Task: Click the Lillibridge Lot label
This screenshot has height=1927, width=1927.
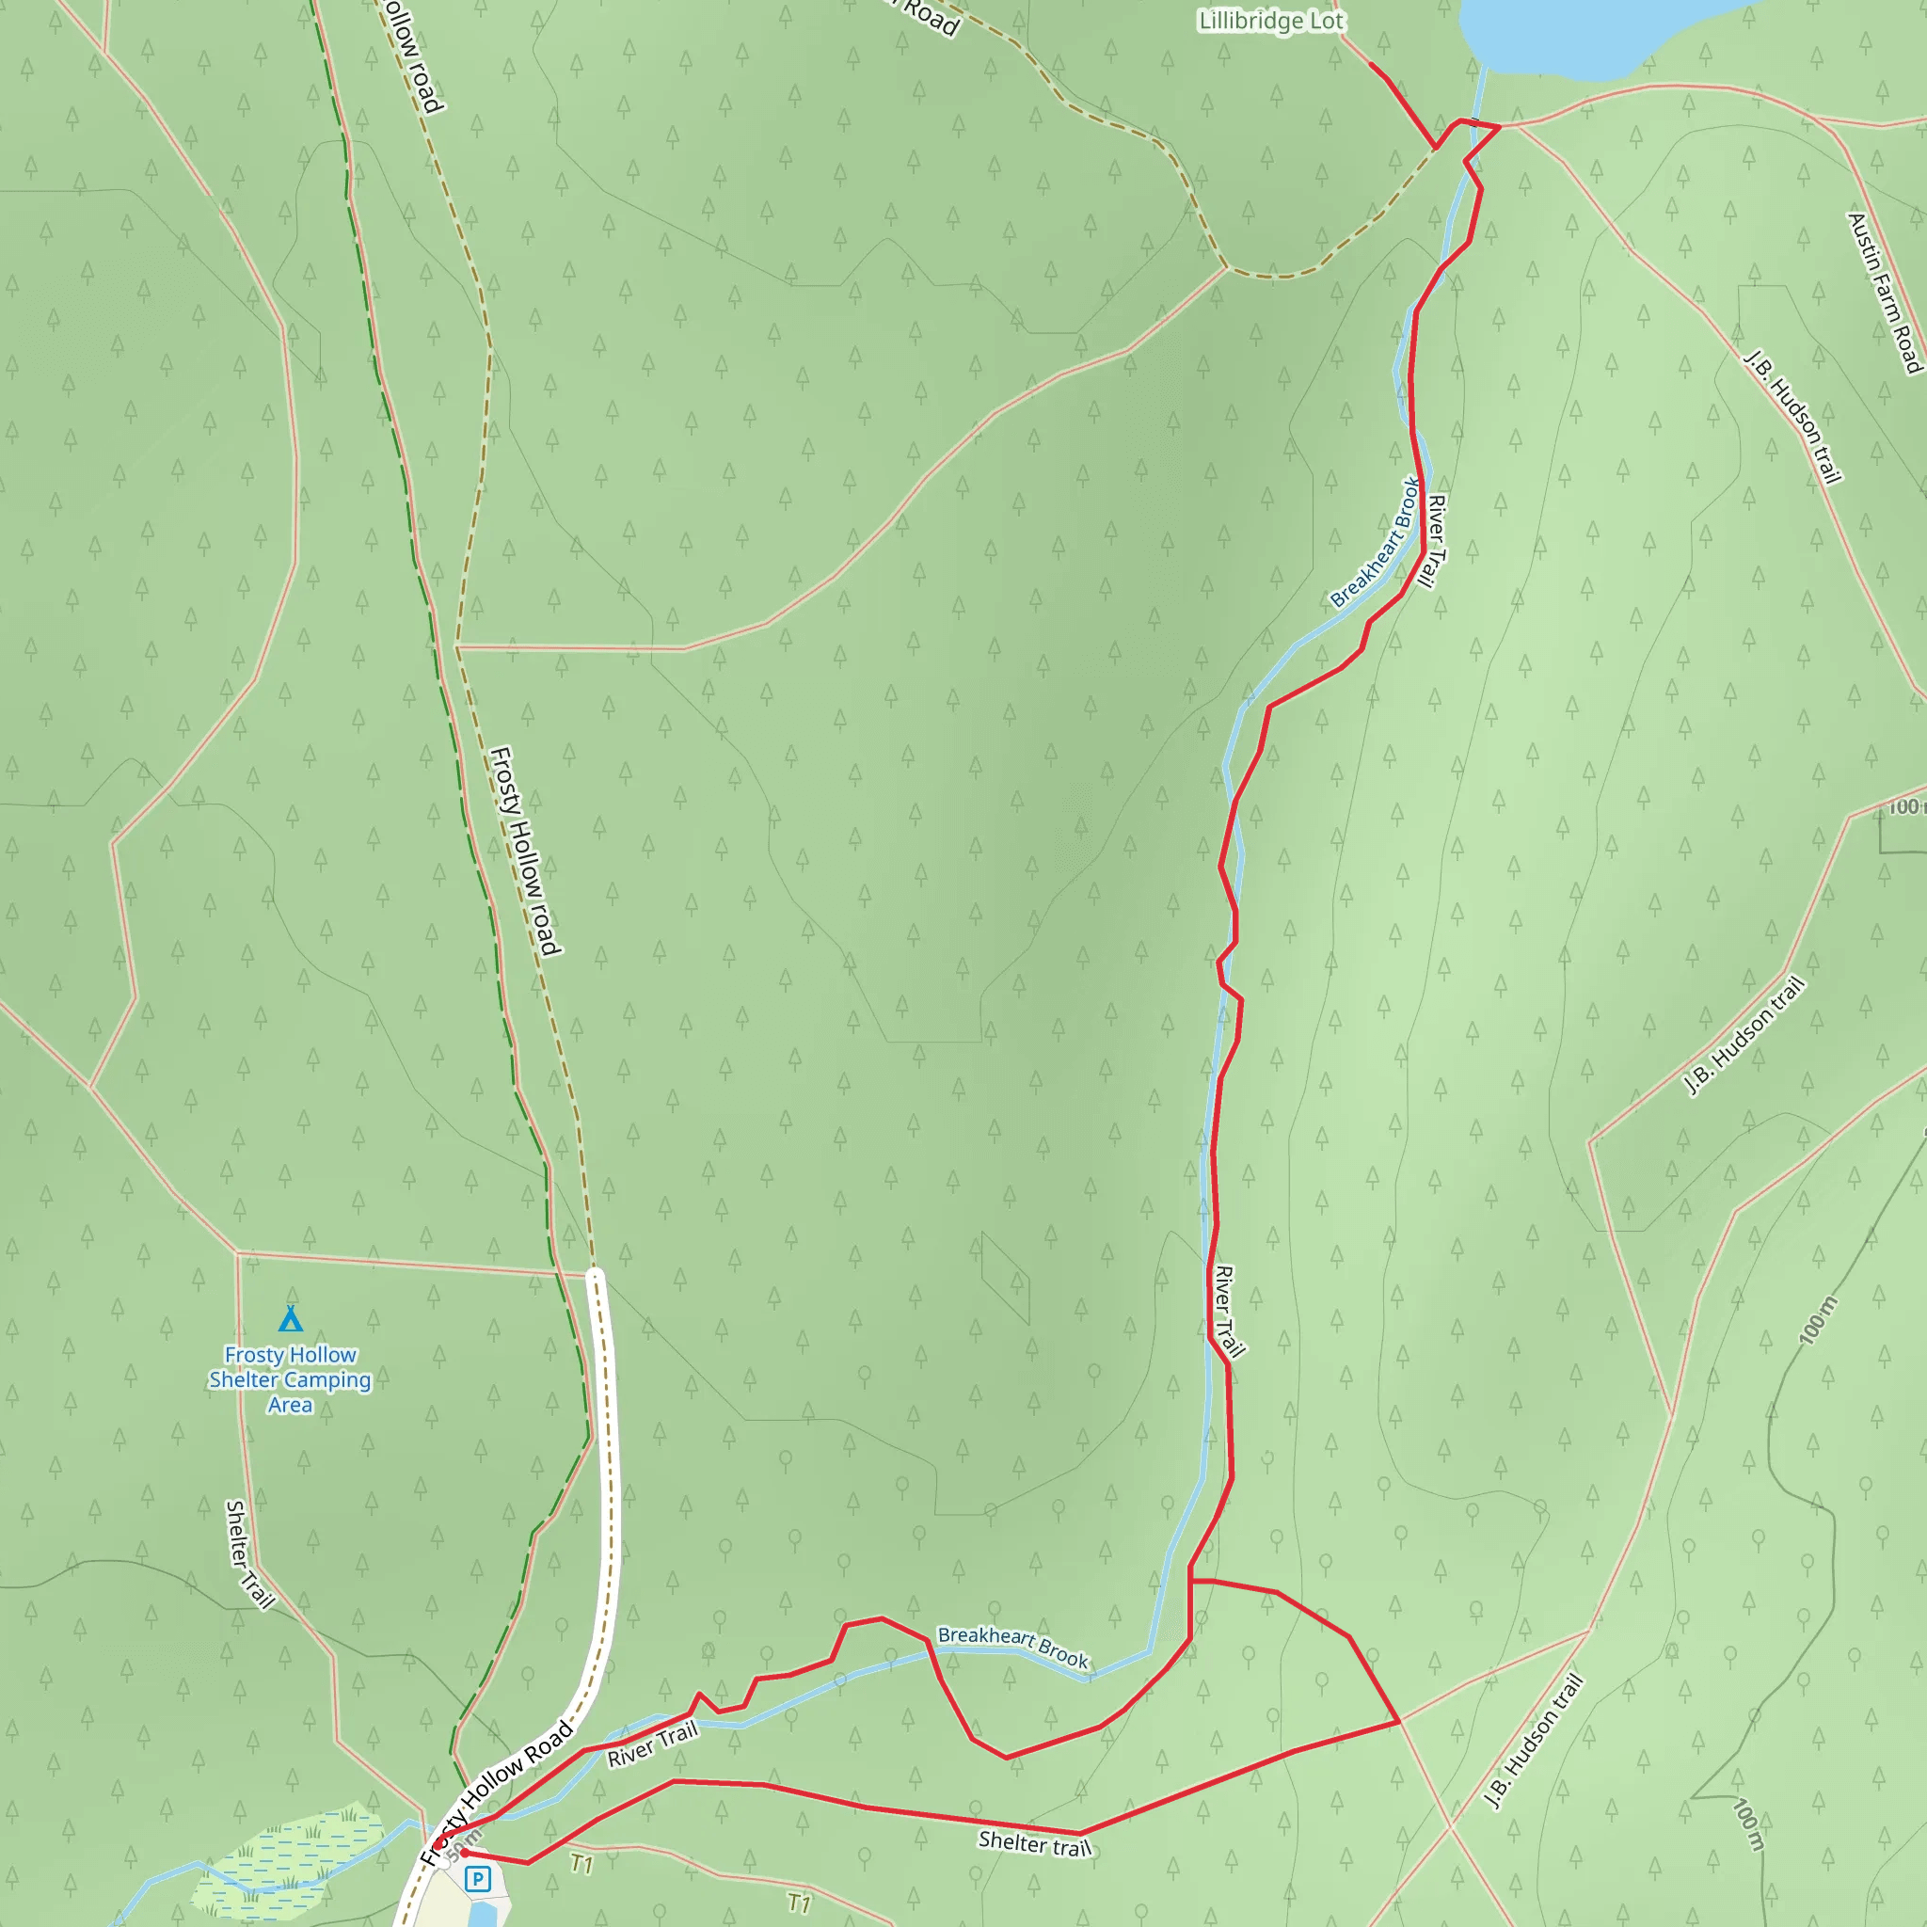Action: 1270,21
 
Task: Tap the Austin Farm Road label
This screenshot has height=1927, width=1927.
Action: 1884,294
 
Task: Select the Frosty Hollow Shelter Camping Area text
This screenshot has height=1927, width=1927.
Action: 289,1379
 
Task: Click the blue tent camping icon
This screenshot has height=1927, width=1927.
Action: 290,1318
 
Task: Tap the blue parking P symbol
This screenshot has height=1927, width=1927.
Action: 478,1879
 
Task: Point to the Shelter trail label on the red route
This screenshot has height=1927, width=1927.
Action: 1034,1843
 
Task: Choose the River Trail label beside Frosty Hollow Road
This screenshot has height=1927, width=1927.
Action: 652,1744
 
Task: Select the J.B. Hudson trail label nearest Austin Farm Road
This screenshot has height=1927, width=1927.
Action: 1792,416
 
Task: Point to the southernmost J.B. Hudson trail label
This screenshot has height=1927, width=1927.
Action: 1533,1741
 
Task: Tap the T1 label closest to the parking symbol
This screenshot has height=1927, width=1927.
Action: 581,1862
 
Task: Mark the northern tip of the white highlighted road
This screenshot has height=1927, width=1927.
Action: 596,1275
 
